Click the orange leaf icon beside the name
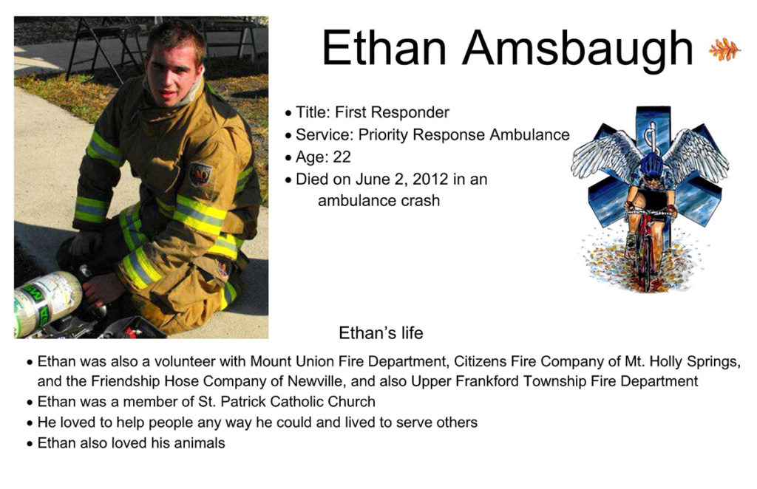(x=724, y=49)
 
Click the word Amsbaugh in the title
(x=578, y=48)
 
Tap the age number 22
(x=342, y=157)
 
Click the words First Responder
(x=392, y=112)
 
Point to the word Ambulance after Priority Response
(x=529, y=134)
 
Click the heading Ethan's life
(x=381, y=332)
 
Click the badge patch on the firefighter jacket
(x=200, y=174)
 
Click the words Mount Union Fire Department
(x=348, y=361)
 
